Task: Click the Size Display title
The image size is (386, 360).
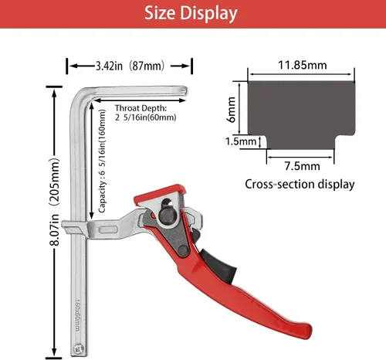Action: pos(191,13)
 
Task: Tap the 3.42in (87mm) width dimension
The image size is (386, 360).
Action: pos(130,66)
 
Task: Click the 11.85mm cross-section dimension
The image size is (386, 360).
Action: pos(303,65)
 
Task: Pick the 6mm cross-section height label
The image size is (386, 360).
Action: pos(231,110)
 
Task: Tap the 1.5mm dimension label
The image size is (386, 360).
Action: pos(241,141)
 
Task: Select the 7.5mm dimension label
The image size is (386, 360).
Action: pos(302,166)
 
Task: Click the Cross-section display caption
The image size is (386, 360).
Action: pos(300,185)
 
